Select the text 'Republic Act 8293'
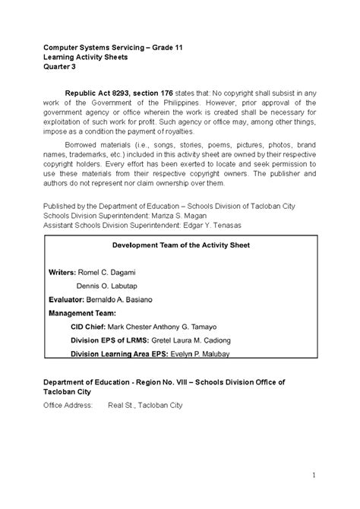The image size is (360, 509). [95, 93]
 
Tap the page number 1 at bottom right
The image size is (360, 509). [313, 476]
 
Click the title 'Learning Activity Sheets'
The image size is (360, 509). [85, 56]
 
